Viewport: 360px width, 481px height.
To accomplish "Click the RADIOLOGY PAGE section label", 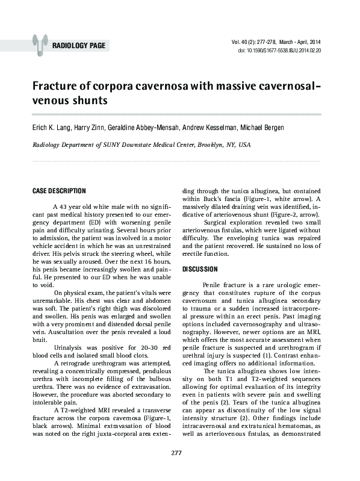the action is click(x=79, y=46).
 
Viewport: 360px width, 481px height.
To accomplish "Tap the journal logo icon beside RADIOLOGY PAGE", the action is click(x=40, y=43).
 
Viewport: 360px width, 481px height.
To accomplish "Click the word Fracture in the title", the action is click(x=57, y=86).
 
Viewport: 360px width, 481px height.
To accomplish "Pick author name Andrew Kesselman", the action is click(x=213, y=128).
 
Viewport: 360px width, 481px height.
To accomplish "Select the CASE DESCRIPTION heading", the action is click(x=58, y=191).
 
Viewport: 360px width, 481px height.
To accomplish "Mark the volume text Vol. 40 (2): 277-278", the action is click(x=260, y=42).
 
